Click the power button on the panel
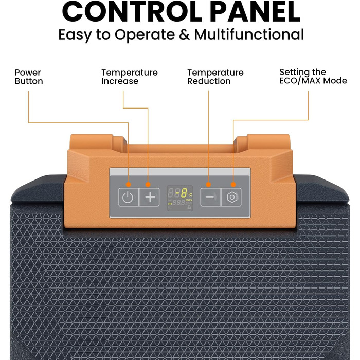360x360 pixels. [x=129, y=197]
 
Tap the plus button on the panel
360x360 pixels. [x=150, y=197]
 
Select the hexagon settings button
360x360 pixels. [x=231, y=197]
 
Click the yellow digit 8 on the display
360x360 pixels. [x=184, y=193]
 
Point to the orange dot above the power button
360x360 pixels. [x=129, y=184]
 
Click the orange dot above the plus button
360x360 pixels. [x=148, y=184]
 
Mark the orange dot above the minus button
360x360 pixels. [x=208, y=184]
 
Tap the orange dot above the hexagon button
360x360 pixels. [x=233, y=184]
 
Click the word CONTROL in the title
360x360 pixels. [x=132, y=11]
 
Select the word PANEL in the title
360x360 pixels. [x=255, y=11]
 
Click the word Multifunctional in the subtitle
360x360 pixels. [x=249, y=34]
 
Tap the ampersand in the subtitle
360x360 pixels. [x=184, y=34]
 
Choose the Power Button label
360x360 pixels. [x=29, y=77]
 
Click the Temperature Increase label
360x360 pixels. [x=130, y=77]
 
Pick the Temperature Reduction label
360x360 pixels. [x=215, y=77]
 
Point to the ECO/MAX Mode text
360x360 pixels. [x=313, y=81]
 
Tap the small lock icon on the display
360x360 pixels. [x=189, y=207]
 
